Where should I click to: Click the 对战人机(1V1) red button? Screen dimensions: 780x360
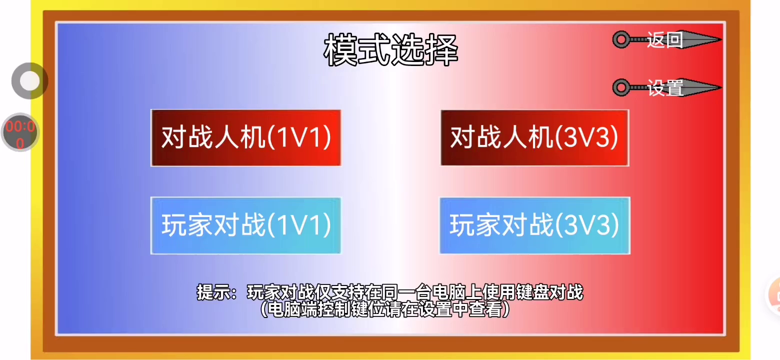click(x=246, y=138)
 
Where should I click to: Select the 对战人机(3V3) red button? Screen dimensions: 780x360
click(x=535, y=138)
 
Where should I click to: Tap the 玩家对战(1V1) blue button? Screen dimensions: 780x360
click(x=246, y=225)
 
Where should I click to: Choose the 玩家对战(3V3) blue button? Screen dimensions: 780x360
click(x=535, y=225)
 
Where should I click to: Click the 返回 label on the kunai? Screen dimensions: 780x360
click(x=665, y=39)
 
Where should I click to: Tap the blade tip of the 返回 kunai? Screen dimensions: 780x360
click(x=721, y=39)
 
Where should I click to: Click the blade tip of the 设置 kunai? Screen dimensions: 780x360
click(x=721, y=87)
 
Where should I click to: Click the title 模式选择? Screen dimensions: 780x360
click(x=390, y=50)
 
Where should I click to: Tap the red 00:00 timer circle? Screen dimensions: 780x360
click(x=20, y=132)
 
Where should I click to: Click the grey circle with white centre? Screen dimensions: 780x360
click(x=29, y=81)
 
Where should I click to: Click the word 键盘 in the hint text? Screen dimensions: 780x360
click(x=533, y=292)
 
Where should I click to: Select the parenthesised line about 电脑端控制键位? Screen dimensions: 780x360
click(x=385, y=309)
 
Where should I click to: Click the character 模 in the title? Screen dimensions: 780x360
click(x=340, y=50)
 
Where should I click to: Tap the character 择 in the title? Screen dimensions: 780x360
click(x=441, y=50)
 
